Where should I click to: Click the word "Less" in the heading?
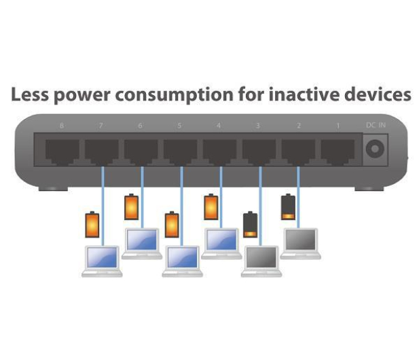click(x=30, y=94)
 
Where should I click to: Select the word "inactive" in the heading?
click(x=304, y=94)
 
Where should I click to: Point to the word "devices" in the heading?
click(x=378, y=94)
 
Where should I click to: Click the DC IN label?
click(x=376, y=125)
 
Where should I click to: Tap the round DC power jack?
click(x=375, y=149)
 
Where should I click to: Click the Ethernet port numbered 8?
click(x=62, y=151)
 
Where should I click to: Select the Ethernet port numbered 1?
click(x=338, y=151)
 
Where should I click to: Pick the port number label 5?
click(x=179, y=126)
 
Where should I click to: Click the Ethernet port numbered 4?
click(x=219, y=151)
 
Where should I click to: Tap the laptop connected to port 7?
click(x=102, y=262)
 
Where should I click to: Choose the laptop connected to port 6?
click(x=142, y=244)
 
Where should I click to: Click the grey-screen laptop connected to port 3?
click(x=261, y=262)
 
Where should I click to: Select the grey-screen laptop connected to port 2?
click(x=301, y=244)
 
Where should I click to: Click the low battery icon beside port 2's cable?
click(x=288, y=207)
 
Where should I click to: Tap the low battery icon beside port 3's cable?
click(x=251, y=225)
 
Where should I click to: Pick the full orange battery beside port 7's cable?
click(x=92, y=225)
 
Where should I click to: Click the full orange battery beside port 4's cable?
click(x=211, y=207)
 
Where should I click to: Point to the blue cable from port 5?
click(x=182, y=206)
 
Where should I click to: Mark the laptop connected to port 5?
click(x=183, y=262)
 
